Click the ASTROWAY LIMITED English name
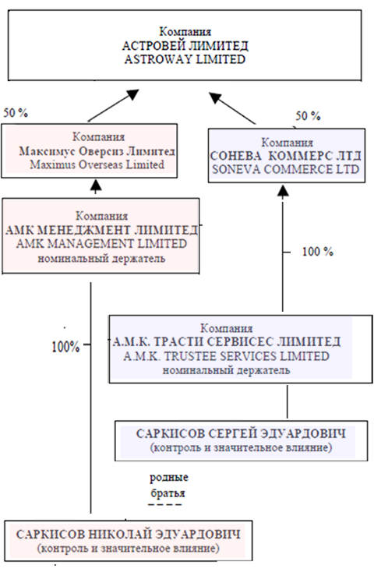(185, 59)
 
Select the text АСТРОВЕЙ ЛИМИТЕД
(185, 46)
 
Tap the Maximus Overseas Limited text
(97, 164)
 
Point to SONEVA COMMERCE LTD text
(286, 169)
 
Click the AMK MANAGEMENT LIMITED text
(101, 243)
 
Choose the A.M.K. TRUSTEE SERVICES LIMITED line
(226, 355)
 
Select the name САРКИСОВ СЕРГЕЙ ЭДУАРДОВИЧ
(241, 434)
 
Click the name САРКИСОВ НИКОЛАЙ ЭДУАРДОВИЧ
(129, 535)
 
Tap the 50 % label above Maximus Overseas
(16, 113)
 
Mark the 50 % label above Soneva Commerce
(308, 116)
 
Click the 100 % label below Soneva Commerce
(317, 252)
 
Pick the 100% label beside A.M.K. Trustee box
(65, 347)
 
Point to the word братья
(168, 493)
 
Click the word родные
(169, 478)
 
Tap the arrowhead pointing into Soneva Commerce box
(283, 190)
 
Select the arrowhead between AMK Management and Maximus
(96, 185)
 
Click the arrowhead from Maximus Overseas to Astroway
(132, 95)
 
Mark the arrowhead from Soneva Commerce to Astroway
(216, 97)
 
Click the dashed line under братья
(164, 505)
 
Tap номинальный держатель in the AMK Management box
(101, 259)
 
